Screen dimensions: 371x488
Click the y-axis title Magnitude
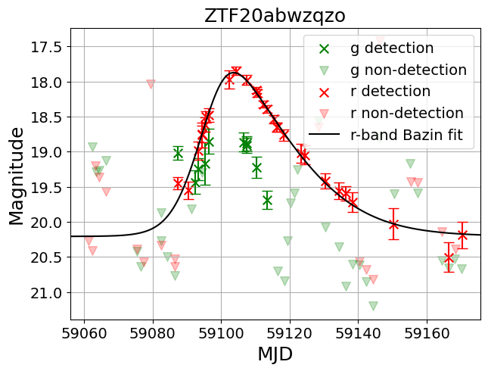tap(16, 176)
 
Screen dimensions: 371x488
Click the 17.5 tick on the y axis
tap(45, 47)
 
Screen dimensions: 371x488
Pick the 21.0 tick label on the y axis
tap(45, 292)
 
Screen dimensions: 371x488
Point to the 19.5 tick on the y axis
tap(45, 187)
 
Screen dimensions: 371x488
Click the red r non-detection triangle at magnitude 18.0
tap(151, 84)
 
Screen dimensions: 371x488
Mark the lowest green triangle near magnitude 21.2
tap(373, 306)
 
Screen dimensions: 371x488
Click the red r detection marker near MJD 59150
tap(393, 223)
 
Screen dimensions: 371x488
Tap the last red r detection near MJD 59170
tap(462, 235)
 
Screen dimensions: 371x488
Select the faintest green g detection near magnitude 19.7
tap(267, 200)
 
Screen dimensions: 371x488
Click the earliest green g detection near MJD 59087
tap(178, 153)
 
